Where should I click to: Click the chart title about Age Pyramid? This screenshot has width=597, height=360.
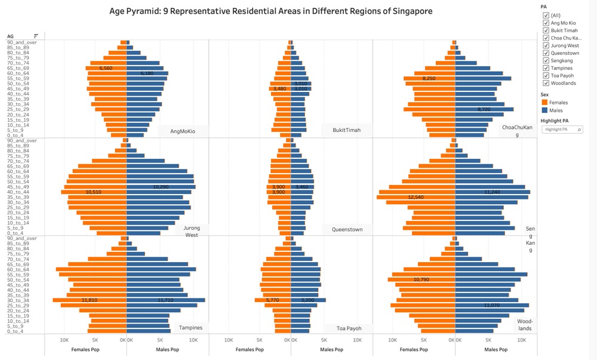coord(270,11)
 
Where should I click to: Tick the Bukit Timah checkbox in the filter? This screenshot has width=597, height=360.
coord(546,30)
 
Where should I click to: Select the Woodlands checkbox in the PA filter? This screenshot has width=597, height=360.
coord(546,83)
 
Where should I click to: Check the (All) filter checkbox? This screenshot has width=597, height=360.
coord(546,16)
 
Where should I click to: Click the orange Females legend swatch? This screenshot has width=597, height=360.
coord(544,103)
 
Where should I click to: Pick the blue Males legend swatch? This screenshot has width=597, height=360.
coord(544,110)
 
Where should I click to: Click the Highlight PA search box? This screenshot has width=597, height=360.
coord(562,129)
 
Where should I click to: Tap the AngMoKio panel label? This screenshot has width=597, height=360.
coord(183,131)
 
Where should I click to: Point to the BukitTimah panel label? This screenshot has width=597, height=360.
coord(346,130)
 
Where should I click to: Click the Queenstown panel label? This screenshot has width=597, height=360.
coord(347,229)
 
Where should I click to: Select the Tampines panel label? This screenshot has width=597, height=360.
coord(190,327)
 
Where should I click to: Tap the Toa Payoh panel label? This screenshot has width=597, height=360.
coord(349,328)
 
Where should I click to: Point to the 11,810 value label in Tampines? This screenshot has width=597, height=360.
coord(90,300)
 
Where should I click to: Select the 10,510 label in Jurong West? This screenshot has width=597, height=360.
coord(93,192)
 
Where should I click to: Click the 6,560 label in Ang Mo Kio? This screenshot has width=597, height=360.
coord(106,68)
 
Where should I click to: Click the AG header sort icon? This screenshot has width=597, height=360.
coord(36,36)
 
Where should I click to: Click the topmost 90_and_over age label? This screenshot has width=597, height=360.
coord(22,42)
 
